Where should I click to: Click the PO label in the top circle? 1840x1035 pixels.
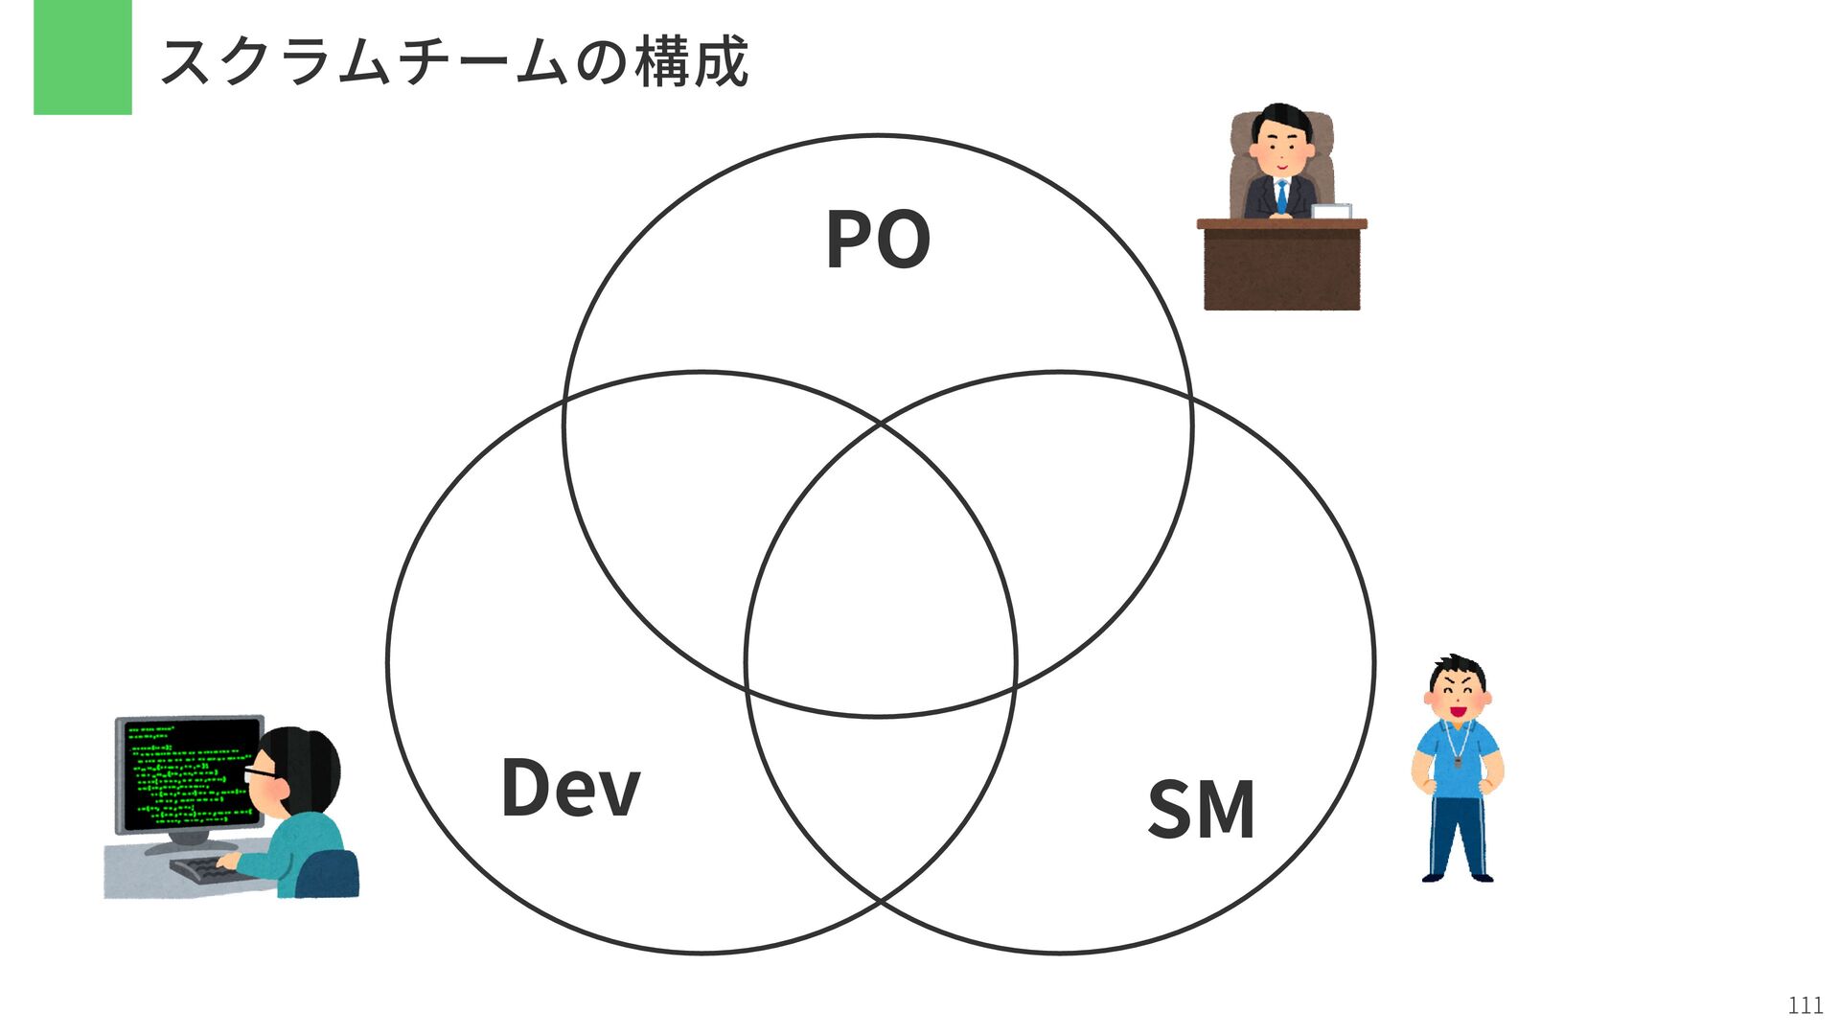[877, 241]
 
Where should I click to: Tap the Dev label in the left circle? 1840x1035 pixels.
[570, 788]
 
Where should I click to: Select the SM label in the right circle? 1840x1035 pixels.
[1201, 810]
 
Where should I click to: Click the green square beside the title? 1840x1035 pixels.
[82, 57]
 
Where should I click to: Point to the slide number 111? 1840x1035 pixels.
[1805, 1005]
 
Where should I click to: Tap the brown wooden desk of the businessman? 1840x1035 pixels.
[1281, 268]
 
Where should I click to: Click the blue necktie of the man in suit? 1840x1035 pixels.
[1281, 195]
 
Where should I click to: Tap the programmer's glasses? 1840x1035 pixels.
[260, 772]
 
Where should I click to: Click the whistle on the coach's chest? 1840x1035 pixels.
[1458, 763]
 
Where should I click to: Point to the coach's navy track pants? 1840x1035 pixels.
[1457, 834]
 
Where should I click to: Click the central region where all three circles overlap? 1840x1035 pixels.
[880, 575]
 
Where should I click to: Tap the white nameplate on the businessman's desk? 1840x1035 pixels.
[1330, 211]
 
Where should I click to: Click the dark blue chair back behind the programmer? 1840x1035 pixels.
[328, 874]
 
